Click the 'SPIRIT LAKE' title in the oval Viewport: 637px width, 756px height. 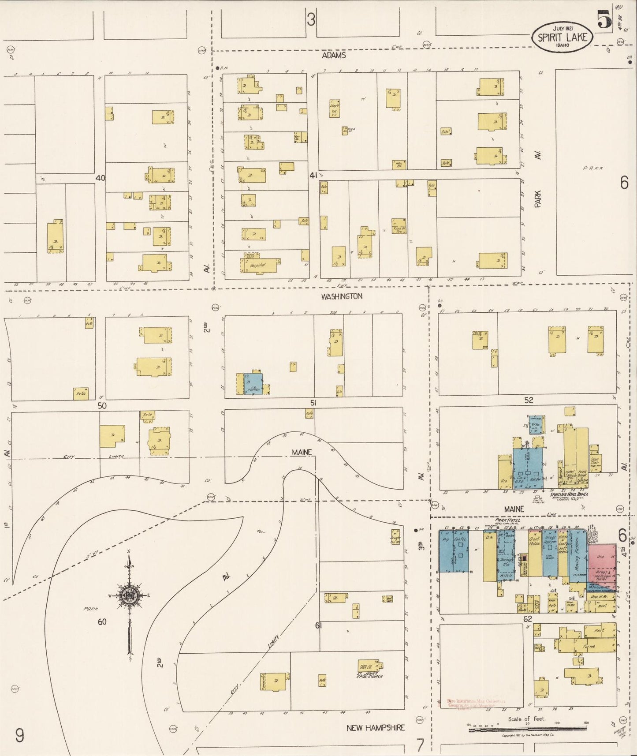562,37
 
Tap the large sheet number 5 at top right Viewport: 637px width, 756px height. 604,20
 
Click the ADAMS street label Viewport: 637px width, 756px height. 334,56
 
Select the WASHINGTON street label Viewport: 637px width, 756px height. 342,296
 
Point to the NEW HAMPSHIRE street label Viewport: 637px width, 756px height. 376,728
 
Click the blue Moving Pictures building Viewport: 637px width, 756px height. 577,557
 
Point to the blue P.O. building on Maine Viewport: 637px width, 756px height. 446,551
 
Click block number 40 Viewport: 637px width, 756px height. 101,178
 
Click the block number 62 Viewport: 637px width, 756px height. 528,619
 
